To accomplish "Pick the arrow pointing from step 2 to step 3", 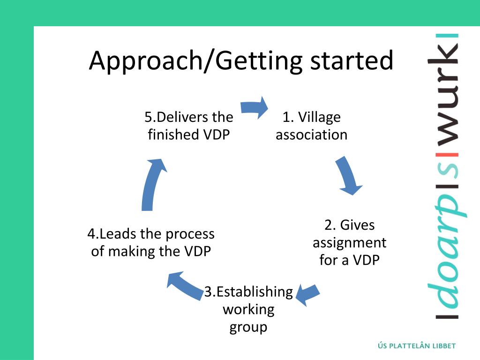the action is [x=307, y=294].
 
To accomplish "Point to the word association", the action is [x=311, y=135].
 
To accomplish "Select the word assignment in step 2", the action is [x=349, y=243].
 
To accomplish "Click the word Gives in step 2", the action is [x=357, y=225].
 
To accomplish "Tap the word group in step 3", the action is [x=248, y=327].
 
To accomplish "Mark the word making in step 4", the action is [x=132, y=251].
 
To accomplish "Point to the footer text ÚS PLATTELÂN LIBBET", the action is [x=416, y=346].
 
